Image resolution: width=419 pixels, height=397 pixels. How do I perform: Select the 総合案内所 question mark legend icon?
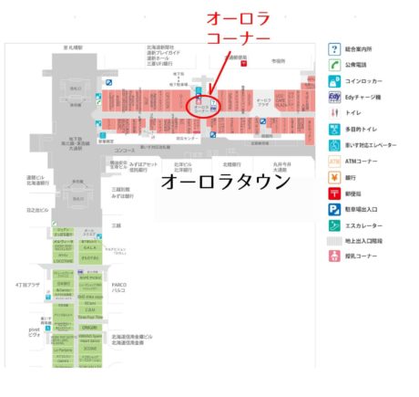pos(334,48)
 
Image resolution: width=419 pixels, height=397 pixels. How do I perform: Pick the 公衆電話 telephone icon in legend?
pos(334,65)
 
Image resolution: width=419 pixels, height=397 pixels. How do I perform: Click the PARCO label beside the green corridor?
pos(119,287)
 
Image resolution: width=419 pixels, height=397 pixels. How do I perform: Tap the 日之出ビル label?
pos(35,207)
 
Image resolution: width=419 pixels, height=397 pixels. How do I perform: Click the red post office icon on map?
pos(243,64)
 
